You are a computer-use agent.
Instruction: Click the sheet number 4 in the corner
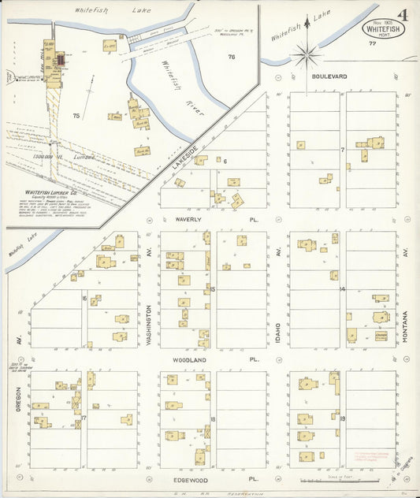[403, 15]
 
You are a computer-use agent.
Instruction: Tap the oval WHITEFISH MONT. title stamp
[380, 26]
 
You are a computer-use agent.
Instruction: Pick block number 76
[232, 57]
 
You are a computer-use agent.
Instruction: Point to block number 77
[371, 43]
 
